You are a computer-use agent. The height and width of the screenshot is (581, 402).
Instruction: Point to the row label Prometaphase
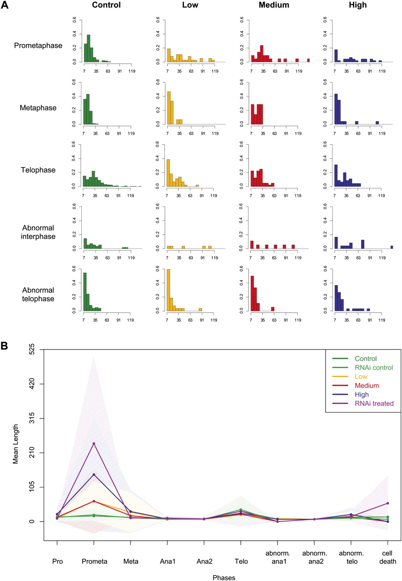pos(38,45)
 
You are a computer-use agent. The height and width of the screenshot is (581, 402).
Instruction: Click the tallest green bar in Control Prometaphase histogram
pos(89,48)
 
